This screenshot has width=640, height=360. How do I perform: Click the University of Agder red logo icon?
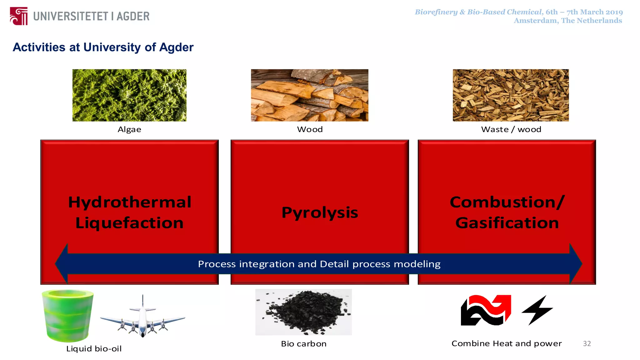[x=19, y=16]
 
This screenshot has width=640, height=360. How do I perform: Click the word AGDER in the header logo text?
[x=133, y=16]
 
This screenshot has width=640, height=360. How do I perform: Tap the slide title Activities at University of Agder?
[x=103, y=47]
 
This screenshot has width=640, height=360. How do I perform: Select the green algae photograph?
[x=129, y=95]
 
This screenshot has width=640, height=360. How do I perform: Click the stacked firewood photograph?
[x=309, y=95]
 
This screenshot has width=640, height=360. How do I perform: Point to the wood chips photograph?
[x=511, y=95]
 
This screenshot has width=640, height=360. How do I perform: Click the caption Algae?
[x=129, y=129]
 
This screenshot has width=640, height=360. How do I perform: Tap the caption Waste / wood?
[x=511, y=129]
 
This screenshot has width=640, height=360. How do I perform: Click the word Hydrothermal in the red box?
[x=130, y=202]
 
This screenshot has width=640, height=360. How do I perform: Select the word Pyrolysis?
[x=320, y=212]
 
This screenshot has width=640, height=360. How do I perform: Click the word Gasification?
[x=507, y=223]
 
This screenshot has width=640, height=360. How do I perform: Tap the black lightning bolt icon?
[x=537, y=310]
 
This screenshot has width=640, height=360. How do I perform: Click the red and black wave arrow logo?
[x=486, y=310]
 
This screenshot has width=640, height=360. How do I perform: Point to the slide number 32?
[x=587, y=344]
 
